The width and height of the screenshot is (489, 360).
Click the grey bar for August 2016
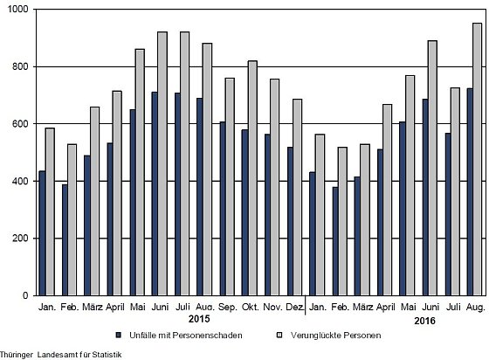477,159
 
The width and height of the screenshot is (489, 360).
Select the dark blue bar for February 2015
65,240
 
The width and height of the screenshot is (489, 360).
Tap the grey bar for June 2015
162,163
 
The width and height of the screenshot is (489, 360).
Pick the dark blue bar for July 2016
448,214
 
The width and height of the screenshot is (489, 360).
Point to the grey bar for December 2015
297,197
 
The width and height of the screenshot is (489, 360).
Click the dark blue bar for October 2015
244,212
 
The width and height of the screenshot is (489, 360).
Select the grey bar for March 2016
365,219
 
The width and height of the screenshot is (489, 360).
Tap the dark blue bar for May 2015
133,203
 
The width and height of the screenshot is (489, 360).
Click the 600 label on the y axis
20,123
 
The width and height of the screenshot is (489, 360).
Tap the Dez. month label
295,307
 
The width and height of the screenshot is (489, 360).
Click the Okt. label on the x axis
251,307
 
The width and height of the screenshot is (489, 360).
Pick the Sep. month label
228,308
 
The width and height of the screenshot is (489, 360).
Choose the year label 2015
199,319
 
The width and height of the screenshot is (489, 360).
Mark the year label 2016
424,321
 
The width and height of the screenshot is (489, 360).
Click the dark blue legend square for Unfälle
118,336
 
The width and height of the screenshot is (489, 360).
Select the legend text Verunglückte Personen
336,336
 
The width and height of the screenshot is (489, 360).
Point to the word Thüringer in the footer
17,355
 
